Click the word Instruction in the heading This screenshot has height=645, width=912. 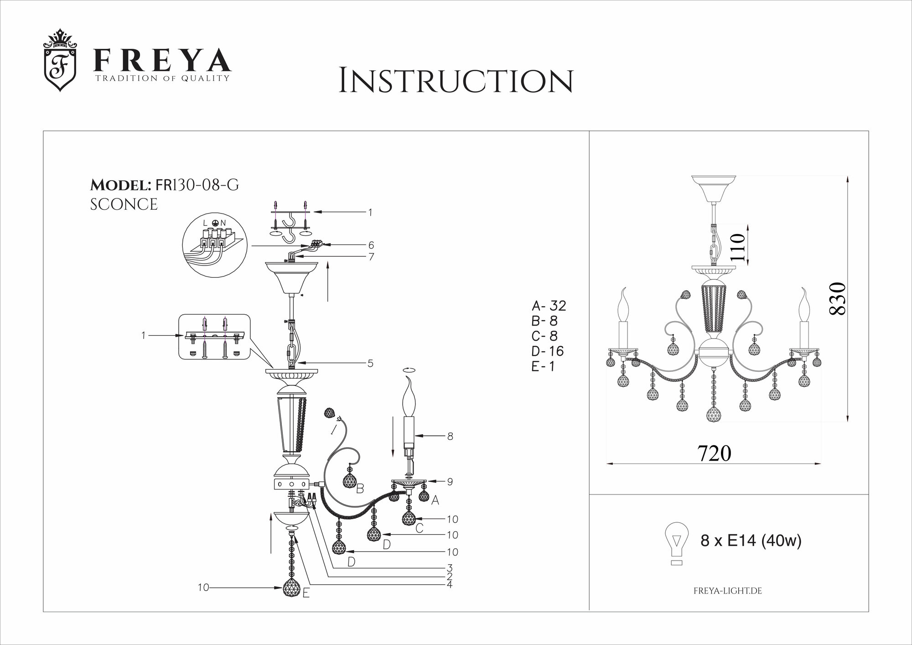pyautogui.click(x=456, y=81)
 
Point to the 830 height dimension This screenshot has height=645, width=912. pyautogui.click(x=839, y=298)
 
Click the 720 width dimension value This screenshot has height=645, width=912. pyautogui.click(x=715, y=453)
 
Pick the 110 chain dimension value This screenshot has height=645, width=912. pyautogui.click(x=738, y=247)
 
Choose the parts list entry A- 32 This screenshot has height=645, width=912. pyautogui.click(x=549, y=305)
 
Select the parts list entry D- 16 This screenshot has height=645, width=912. pyautogui.click(x=548, y=351)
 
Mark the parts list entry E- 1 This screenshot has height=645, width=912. pyautogui.click(x=543, y=366)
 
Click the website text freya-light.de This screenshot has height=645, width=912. pyautogui.click(x=728, y=591)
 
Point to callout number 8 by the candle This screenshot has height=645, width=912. pyautogui.click(x=450, y=436)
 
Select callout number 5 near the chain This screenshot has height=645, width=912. pyautogui.click(x=370, y=363)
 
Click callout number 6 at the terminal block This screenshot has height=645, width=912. pyautogui.click(x=371, y=245)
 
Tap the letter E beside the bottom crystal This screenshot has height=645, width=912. pyautogui.click(x=306, y=594)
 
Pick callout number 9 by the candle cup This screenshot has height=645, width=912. pyautogui.click(x=450, y=481)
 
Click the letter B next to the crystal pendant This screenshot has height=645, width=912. pyautogui.click(x=360, y=489)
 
